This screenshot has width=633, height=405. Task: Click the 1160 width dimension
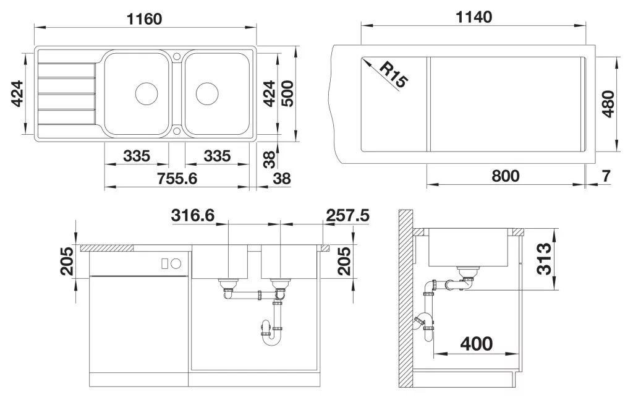tap(144, 19)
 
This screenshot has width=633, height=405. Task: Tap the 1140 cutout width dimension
tap(474, 17)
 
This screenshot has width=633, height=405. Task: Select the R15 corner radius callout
tap(393, 75)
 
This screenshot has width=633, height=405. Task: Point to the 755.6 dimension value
tap(177, 178)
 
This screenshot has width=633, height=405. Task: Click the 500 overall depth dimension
tap(287, 93)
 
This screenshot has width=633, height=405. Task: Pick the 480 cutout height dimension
tap(608, 104)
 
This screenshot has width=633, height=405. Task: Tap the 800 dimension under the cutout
tap(506, 176)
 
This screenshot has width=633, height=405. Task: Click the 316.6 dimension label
tap(193, 215)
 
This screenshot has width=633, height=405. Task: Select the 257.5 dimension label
tap(347, 215)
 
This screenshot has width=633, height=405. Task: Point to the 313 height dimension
tap(544, 259)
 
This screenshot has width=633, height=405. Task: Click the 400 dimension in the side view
tap(477, 344)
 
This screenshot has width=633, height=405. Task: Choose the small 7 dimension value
tap(606, 176)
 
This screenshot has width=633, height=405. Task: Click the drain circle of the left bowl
tap(146, 94)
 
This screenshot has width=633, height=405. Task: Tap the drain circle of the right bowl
tap(207, 94)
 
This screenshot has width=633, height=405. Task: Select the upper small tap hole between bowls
tap(177, 56)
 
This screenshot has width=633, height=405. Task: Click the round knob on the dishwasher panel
tap(176, 263)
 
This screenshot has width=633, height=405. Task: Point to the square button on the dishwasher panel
tap(164, 263)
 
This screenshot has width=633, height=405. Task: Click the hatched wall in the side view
tap(406, 298)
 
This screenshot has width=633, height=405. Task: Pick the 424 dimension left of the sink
tap(17, 93)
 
